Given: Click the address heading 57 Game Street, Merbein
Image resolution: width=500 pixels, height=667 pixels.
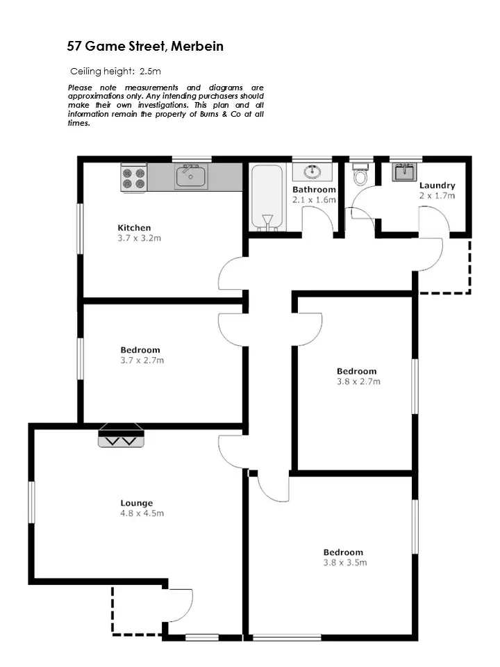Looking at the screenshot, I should pyautogui.click(x=145, y=47).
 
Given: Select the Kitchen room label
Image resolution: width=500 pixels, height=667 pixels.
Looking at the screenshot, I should pyautogui.click(x=134, y=228).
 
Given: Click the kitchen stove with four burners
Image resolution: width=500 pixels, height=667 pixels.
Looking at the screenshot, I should pyautogui.click(x=134, y=177).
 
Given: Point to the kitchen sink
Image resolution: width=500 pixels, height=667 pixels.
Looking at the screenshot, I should pyautogui.click(x=190, y=176).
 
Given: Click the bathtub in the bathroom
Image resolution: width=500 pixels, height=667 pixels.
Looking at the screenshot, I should pyautogui.click(x=267, y=197).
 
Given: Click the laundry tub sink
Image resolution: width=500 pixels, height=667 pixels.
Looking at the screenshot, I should pyautogui.click(x=403, y=172).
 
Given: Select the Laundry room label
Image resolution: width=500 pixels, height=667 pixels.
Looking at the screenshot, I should pyautogui.click(x=437, y=186).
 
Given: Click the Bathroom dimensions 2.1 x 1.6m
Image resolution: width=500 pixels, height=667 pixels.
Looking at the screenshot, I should pyautogui.click(x=314, y=200).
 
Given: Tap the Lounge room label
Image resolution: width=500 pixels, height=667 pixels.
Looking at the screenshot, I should pyautogui.click(x=135, y=503).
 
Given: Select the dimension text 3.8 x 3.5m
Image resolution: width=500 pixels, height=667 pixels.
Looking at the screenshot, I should pyautogui.click(x=344, y=563).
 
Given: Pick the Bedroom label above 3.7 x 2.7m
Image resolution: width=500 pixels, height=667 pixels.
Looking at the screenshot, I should pyautogui.click(x=140, y=350).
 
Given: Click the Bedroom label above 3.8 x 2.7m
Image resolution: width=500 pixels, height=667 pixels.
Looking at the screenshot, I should pyautogui.click(x=356, y=371).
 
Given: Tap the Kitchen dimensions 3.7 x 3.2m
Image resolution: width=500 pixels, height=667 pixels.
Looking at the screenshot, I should pyautogui.click(x=140, y=238).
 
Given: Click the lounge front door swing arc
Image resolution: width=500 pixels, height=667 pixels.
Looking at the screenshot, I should pyautogui.click(x=182, y=603).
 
